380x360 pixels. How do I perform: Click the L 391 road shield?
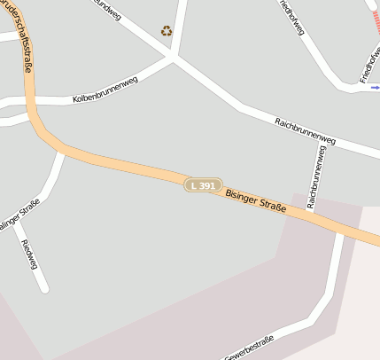pos(203,185)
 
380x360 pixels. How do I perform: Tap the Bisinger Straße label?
pos(255,200)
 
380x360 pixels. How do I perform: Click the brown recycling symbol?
pos(167,31)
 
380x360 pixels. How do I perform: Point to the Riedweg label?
pos(28,254)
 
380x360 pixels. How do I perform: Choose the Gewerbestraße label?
pos(250,348)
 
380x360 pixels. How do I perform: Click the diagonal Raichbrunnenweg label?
pos(305,131)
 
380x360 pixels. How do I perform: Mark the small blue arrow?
pos(375,88)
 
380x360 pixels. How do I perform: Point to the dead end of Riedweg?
pos(43,287)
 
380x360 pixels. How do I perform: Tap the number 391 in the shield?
pos(207,185)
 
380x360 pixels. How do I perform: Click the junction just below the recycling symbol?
pos(174,57)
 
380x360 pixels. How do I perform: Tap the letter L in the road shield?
pos(194,185)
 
